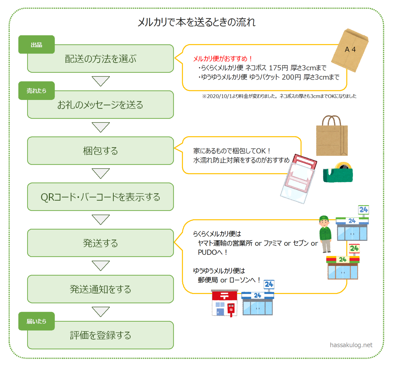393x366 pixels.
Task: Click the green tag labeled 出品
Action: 36,45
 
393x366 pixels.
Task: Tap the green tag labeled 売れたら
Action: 36,90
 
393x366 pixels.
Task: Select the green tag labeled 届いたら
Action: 36,321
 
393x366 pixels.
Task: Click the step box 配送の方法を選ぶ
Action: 100,59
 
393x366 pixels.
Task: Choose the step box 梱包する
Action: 100,151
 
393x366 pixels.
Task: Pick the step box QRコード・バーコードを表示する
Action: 100,197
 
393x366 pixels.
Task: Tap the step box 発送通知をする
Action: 100,289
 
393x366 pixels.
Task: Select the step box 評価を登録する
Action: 100,335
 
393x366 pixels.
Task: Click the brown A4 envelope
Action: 350,50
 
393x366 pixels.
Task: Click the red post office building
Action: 224,303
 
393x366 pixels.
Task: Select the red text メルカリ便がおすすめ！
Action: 223,59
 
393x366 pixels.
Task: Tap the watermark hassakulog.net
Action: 351,345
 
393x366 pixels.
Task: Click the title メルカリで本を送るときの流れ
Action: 196,22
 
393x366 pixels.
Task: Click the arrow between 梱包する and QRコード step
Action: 101,173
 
